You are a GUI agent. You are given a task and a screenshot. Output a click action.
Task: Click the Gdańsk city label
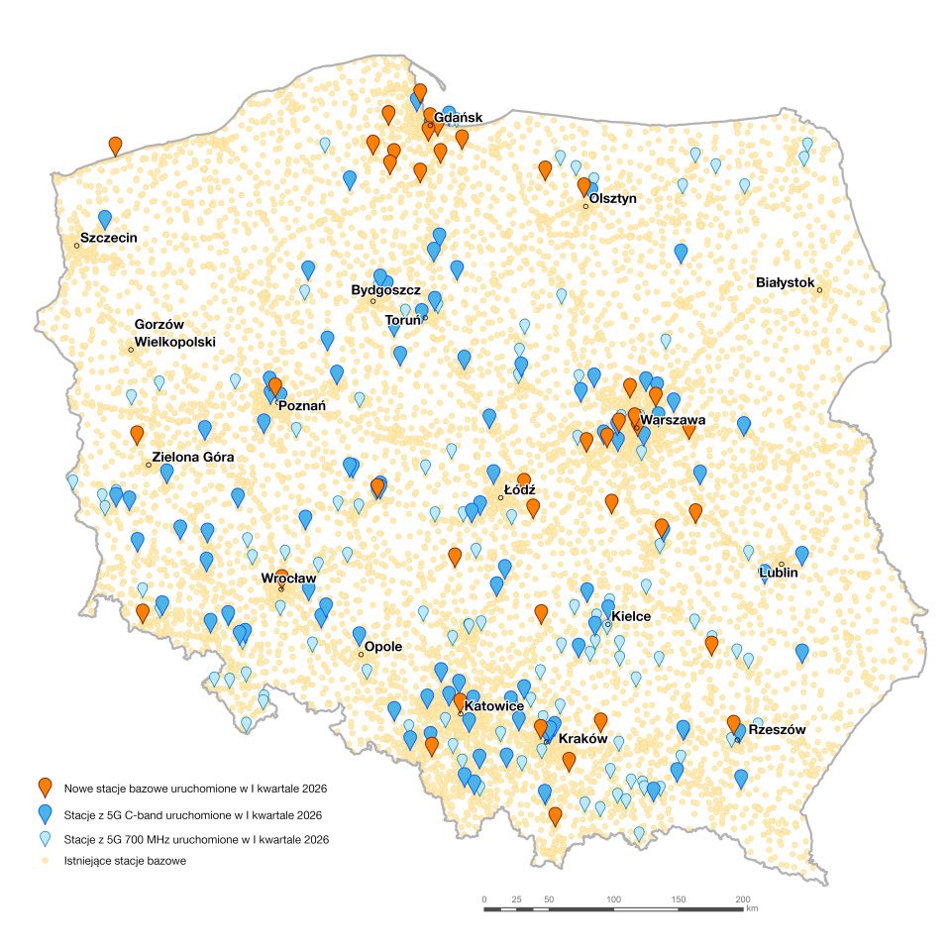pos(458,117)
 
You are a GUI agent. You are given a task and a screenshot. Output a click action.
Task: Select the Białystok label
pos(785,283)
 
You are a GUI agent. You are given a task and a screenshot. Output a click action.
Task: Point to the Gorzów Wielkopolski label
pos(174,333)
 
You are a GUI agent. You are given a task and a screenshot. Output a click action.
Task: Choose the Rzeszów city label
pos(777,729)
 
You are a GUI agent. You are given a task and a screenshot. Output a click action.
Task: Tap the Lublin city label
pos(778,573)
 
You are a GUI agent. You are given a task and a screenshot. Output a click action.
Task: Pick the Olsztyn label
pos(612,198)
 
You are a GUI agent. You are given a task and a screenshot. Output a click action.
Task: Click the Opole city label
pos(383,646)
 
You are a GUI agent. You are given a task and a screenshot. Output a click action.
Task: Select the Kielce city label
pos(631,616)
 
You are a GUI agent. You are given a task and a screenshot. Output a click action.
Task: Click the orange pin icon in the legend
pos(44,788)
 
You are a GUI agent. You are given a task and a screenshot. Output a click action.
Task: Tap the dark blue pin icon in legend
pos(44,814)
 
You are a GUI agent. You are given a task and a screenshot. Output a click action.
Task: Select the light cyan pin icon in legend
pos(44,839)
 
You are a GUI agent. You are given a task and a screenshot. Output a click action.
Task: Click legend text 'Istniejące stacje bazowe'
pos(125,861)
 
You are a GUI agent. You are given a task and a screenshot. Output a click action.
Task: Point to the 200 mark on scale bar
pos(742,898)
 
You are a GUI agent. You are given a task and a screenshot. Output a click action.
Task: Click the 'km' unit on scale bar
pos(752,907)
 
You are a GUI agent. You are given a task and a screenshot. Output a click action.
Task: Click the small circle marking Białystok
pos(819,289)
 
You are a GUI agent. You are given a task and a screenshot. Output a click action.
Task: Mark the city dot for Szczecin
pos(76,245)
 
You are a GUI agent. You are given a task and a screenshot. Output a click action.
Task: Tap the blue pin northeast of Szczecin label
pos(105,219)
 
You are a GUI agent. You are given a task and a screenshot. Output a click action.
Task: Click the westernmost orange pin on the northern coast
pos(116,146)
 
